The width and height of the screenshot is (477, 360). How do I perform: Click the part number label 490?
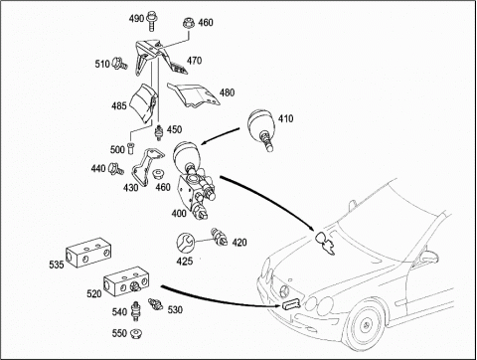[x=136, y=18]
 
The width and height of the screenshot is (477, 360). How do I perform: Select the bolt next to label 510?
[x=120, y=63]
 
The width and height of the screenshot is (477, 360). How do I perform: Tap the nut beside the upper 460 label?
[x=188, y=24]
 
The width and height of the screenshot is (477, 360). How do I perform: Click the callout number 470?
[x=194, y=61]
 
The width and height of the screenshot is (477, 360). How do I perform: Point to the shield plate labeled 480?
[x=195, y=95]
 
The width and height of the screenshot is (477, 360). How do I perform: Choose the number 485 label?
[x=119, y=105]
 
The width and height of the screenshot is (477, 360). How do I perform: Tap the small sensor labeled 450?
[x=159, y=132]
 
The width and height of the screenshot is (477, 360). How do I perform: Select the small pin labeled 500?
[x=130, y=147]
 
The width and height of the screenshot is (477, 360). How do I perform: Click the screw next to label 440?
[x=115, y=168]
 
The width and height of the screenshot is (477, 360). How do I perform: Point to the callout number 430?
[x=130, y=188]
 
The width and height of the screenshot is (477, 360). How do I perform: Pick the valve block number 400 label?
[x=179, y=214]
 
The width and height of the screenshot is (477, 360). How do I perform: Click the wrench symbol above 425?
[x=185, y=243]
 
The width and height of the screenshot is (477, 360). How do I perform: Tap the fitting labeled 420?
[x=219, y=236]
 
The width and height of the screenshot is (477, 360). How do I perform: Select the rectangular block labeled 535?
[x=87, y=253]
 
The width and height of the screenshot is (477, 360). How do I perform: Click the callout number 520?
[x=94, y=293]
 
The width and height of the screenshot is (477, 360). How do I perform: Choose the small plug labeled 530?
[x=155, y=304]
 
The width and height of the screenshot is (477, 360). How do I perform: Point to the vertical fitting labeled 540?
[x=135, y=311]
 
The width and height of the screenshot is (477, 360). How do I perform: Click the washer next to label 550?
[x=135, y=333]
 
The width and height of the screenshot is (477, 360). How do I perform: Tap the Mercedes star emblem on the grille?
[x=284, y=291]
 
